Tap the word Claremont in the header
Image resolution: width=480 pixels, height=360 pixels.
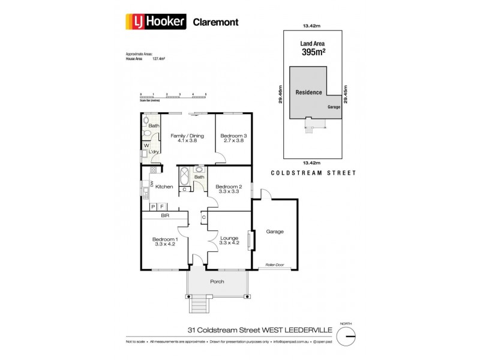(x=215, y=22)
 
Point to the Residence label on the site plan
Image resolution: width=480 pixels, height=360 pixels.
(x=308, y=92)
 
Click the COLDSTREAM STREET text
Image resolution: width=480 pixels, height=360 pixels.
(x=313, y=173)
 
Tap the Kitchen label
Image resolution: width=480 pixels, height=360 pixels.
(x=164, y=187)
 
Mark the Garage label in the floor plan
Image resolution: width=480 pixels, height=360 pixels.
(x=275, y=231)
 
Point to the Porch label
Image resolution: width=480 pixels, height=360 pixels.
(x=217, y=281)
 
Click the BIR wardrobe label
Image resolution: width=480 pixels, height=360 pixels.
(x=157, y=215)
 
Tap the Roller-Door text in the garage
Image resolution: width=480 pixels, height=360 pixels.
(x=275, y=265)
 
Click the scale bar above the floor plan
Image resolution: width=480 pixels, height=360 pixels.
(x=173, y=97)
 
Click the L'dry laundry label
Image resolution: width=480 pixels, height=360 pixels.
(x=154, y=152)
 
